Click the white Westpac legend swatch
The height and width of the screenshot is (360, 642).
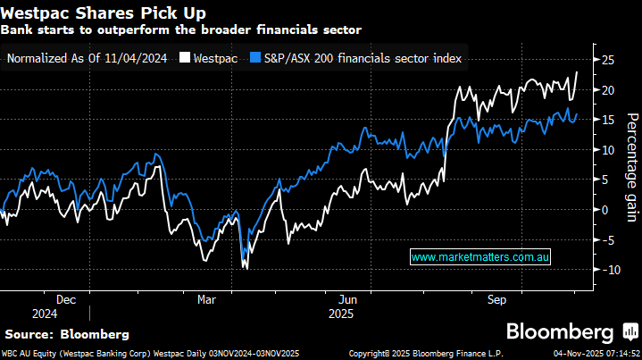point(185,58)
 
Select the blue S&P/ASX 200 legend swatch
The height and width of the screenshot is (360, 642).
point(255,58)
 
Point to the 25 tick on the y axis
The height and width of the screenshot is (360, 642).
point(607,60)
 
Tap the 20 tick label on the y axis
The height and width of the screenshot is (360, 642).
point(607,90)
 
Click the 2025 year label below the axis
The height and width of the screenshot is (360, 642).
point(341,314)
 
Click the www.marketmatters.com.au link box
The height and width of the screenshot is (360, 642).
point(480,256)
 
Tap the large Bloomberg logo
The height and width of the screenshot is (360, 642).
point(568,332)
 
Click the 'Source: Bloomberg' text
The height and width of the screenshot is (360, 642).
point(67,334)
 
